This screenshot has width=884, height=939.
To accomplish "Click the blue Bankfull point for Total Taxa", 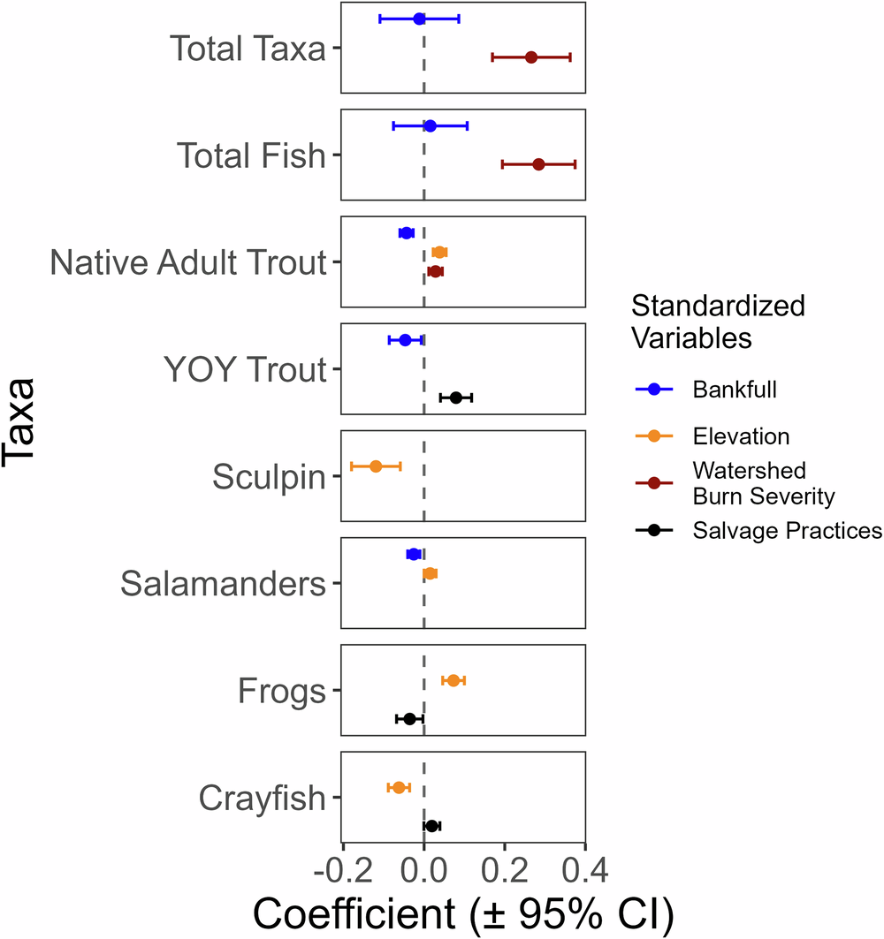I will [x=419, y=19].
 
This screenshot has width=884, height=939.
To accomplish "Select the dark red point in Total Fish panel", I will [x=538, y=164].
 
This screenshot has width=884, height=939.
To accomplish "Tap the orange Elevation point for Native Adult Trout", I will [x=439, y=253].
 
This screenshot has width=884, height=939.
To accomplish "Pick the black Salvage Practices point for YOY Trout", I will [x=456, y=398].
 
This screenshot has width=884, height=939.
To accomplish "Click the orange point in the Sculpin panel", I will [x=376, y=466].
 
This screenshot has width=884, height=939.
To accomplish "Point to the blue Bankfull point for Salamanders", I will [x=413, y=555].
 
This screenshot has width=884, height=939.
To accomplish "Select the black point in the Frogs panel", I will [x=409, y=719].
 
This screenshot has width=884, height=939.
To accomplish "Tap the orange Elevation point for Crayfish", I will [x=399, y=788].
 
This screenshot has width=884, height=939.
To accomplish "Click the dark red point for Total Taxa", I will [x=531, y=57].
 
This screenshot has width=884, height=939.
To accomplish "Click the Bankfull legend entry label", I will [x=735, y=390].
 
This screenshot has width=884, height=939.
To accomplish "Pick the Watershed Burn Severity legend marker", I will [x=653, y=483].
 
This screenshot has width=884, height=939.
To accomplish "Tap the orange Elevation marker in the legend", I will [x=653, y=436].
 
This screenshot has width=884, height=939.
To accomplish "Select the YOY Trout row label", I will [x=245, y=371].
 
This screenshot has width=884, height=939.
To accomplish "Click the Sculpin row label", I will [x=269, y=478].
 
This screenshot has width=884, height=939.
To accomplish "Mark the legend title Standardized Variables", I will [x=717, y=322].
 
